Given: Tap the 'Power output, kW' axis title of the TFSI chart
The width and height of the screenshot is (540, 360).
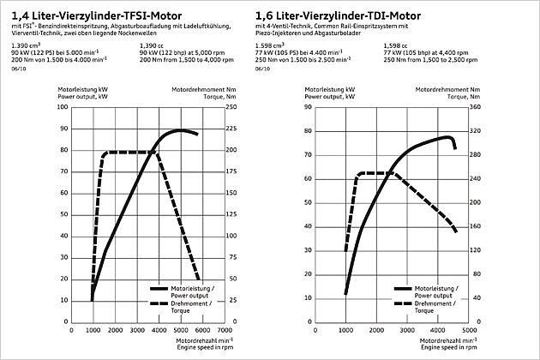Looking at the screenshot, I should [x=83, y=97].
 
